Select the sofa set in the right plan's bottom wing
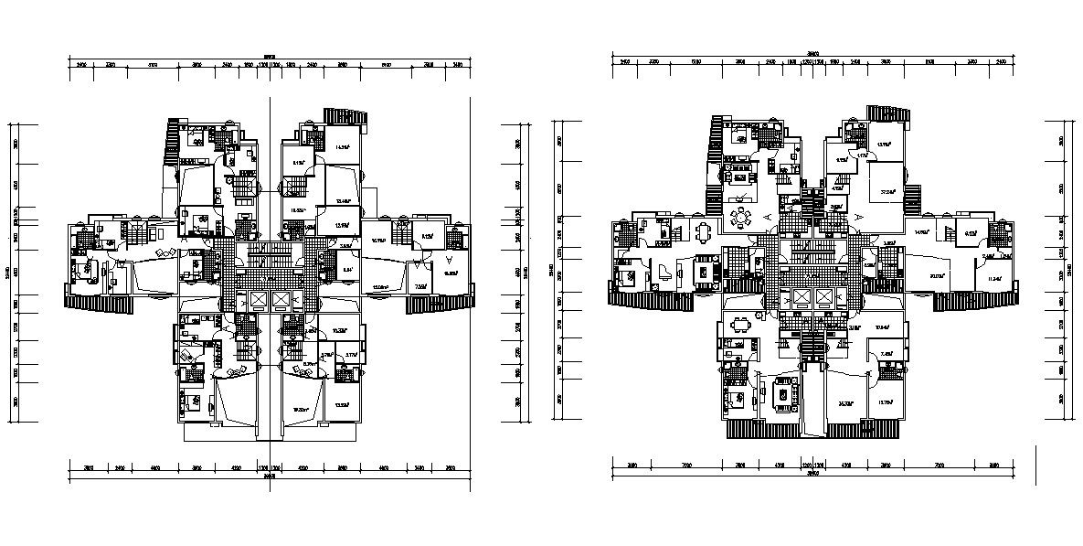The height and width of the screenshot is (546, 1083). [783, 393]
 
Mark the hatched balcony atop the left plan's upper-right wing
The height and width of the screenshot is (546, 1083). [345, 116]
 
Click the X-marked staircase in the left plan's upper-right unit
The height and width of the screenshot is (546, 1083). [294, 188]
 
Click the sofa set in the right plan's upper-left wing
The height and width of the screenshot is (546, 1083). [738, 171]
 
